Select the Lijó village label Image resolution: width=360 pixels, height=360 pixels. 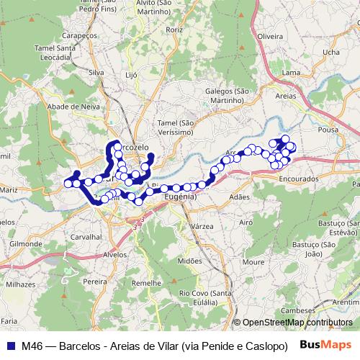[x=130, y=74]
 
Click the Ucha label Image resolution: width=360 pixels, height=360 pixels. [x=331, y=52]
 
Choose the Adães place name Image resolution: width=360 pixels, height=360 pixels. [x=238, y=197]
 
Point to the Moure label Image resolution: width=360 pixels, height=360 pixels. [x=253, y=262]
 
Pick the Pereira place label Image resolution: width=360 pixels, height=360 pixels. [x=94, y=282]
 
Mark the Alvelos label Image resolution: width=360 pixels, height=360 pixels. [x=115, y=254]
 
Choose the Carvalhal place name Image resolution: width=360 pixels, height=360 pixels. [x=86, y=236]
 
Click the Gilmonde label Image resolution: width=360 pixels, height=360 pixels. [x=26, y=244]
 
